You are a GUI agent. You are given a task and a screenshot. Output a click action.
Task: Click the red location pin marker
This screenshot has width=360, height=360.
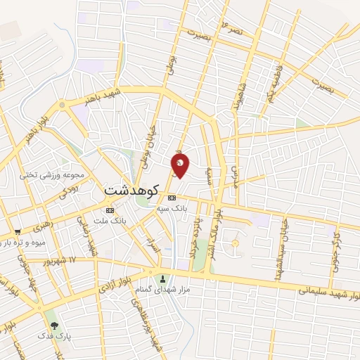(181, 165)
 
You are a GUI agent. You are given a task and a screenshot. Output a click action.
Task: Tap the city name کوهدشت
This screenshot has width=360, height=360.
(131, 191)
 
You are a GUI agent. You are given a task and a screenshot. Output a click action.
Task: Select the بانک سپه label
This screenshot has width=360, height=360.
(172, 209)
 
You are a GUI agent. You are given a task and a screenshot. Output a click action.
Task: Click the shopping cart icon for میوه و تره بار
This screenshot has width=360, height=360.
(17, 231)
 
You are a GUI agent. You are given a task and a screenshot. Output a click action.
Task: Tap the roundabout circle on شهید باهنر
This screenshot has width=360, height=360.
(62, 105)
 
